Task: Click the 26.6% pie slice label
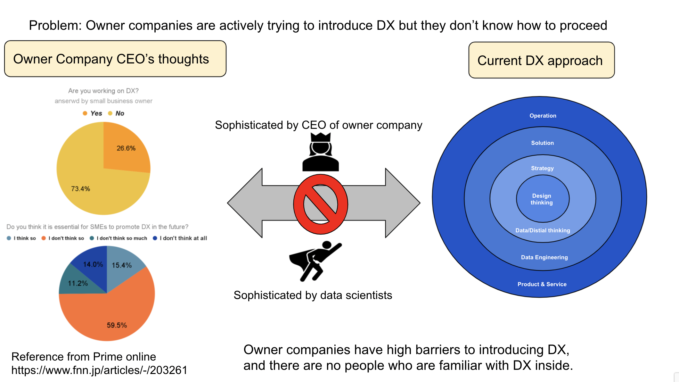(x=126, y=148)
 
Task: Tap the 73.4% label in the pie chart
(x=80, y=189)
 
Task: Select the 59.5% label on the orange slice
(x=117, y=325)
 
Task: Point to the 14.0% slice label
(x=93, y=264)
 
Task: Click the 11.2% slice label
(x=78, y=283)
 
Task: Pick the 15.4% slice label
(x=122, y=265)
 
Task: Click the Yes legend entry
(x=93, y=113)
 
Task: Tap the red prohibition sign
(x=321, y=204)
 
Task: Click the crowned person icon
(x=321, y=152)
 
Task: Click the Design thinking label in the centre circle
(x=542, y=199)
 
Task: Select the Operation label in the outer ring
(x=543, y=116)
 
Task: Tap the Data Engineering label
(x=544, y=257)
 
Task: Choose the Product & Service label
(x=542, y=284)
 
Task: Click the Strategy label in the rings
(x=542, y=168)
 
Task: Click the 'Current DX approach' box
(x=541, y=60)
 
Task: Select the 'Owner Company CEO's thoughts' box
(x=115, y=59)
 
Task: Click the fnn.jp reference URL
(x=99, y=370)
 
